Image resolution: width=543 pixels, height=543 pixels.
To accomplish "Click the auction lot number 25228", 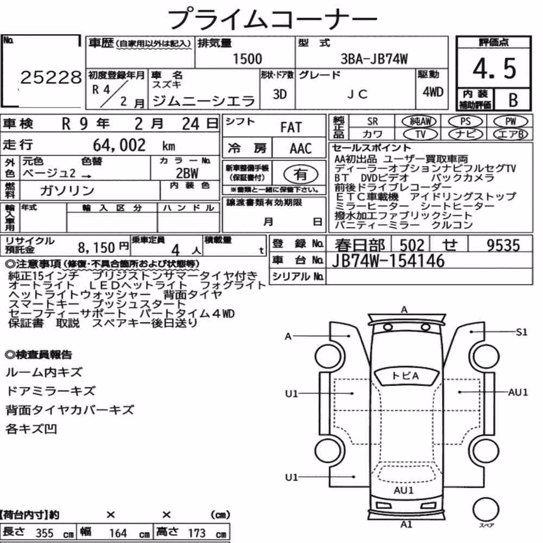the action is point(51,78).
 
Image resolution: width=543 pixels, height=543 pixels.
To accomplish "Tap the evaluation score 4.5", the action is point(494,68).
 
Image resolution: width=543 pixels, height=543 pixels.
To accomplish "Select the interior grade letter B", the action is point(513,100).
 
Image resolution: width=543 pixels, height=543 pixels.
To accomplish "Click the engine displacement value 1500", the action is point(247,59).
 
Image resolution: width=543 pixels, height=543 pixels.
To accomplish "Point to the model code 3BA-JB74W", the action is point(374,59).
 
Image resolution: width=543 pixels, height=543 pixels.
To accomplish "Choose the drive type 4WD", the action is point(433,92).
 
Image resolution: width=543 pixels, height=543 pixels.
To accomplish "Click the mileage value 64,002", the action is point(119,145).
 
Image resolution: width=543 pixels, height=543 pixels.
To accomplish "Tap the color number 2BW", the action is point(187,173).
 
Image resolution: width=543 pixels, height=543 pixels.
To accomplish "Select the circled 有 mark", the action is point(301,174).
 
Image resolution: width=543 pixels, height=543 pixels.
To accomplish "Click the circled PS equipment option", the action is point(465,122).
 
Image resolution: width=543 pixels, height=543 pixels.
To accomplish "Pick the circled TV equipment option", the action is point(420,134).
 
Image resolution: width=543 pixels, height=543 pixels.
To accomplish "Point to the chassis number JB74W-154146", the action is point(388,261).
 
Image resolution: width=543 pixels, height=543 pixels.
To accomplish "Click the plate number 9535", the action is point(503,245).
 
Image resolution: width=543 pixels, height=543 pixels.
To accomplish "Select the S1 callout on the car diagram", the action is point(521,332).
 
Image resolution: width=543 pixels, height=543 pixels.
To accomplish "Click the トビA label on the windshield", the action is point(405,376).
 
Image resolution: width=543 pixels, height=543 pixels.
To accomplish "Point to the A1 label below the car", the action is point(406,525).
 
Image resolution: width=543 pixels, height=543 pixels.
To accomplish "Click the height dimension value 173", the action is point(197,533).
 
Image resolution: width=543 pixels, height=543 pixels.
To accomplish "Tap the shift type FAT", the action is point(291,128).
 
